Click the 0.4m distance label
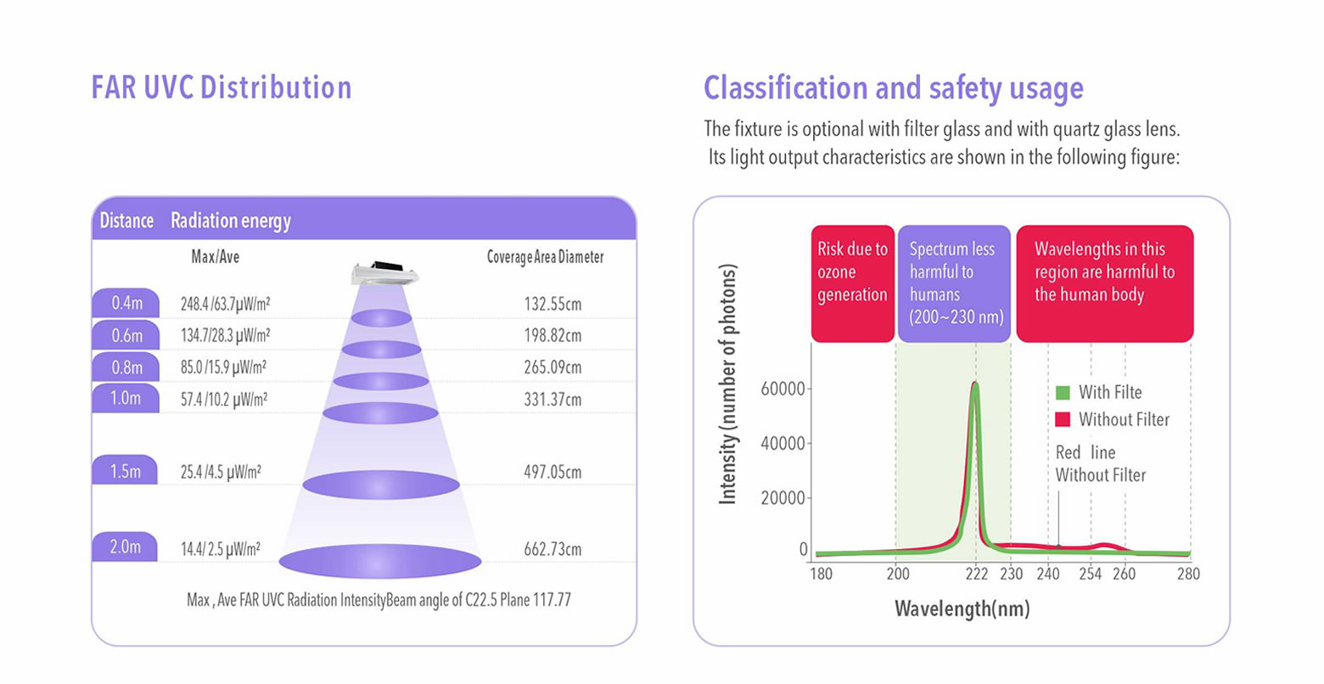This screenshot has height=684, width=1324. [126, 303]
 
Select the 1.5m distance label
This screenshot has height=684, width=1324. [126, 471]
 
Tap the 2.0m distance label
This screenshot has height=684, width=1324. [126, 547]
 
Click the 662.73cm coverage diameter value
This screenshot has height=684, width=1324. [553, 549]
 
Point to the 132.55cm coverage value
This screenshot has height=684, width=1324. [553, 304]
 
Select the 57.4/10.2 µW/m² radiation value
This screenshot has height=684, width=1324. [224, 400]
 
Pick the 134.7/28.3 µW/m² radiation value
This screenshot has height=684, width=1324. [225, 336]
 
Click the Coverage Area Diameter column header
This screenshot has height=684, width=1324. [545, 257]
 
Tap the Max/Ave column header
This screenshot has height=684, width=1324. [216, 256]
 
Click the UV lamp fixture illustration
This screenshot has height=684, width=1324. [384, 272]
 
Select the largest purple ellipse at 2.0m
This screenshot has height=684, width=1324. [380, 561]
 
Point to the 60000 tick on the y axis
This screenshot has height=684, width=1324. [783, 389]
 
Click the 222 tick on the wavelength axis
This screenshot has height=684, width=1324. [976, 574]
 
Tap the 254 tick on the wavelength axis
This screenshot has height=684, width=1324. [1091, 574]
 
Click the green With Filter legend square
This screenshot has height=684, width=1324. [1063, 393]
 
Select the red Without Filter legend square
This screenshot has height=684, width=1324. [1063, 419]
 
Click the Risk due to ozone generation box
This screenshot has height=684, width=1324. [852, 283]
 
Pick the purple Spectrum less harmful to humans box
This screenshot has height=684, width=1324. [954, 283]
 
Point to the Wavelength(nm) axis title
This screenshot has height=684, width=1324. [962, 609]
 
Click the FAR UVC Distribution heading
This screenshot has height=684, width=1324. [222, 87]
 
